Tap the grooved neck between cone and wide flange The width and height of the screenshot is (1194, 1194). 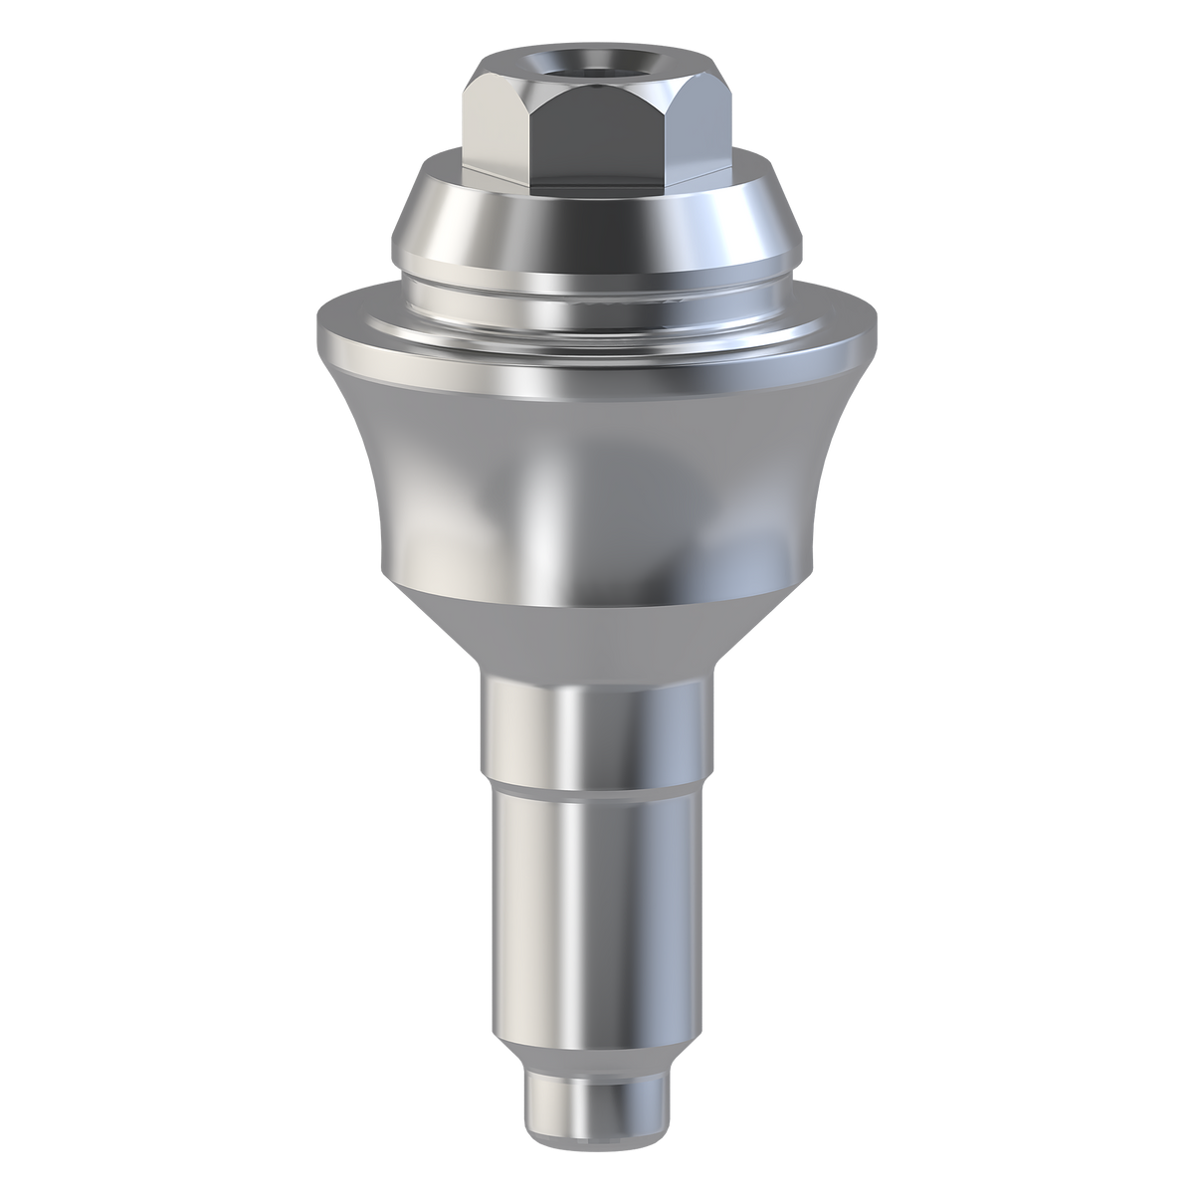pos(597,284)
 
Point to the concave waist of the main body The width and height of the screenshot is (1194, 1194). pos(597,478)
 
